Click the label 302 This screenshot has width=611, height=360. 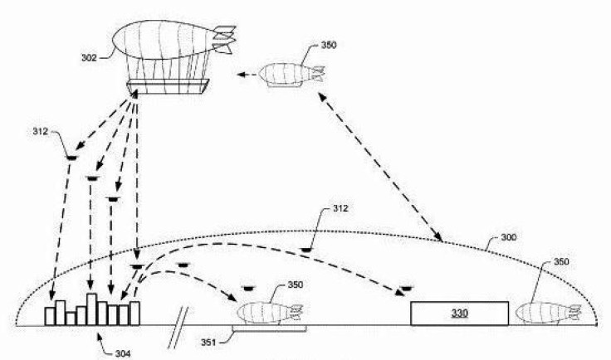click(89, 57)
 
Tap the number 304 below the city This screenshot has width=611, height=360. click(123, 353)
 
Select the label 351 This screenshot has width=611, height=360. click(208, 343)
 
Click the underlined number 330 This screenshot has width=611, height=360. click(460, 314)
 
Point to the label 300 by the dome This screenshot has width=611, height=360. click(509, 237)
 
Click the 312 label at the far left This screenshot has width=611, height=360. click(41, 132)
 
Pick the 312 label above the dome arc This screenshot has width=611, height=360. click(340, 208)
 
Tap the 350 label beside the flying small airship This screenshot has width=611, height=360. click(329, 45)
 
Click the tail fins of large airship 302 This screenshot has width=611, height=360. click(224, 39)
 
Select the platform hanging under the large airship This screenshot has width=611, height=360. click(168, 87)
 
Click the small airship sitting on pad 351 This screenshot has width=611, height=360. click(270, 313)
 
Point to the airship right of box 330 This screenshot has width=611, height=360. click(548, 313)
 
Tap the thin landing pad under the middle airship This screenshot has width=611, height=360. click(269, 328)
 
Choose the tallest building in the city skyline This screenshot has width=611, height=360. click(91, 309)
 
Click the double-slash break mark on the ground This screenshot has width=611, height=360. click(178, 328)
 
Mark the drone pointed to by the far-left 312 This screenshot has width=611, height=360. click(71, 158)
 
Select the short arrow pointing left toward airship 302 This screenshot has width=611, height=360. click(247, 74)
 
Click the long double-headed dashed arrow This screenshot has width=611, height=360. click(381, 167)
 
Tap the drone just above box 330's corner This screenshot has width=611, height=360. click(407, 289)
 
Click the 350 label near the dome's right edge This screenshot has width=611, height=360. click(561, 261)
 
